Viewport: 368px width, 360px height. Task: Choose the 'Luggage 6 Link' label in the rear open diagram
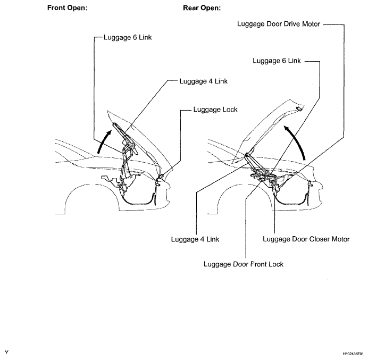pos(277,61)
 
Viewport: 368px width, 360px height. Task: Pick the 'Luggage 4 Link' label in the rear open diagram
pos(195,239)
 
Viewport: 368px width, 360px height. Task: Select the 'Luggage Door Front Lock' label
pos(244,264)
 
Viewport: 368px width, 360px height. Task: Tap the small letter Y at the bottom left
pos(6,352)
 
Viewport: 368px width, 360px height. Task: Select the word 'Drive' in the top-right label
pos(286,24)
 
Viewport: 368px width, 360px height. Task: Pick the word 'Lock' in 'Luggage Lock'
pos(229,110)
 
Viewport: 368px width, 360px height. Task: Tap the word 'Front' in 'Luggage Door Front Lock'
pos(253,264)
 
